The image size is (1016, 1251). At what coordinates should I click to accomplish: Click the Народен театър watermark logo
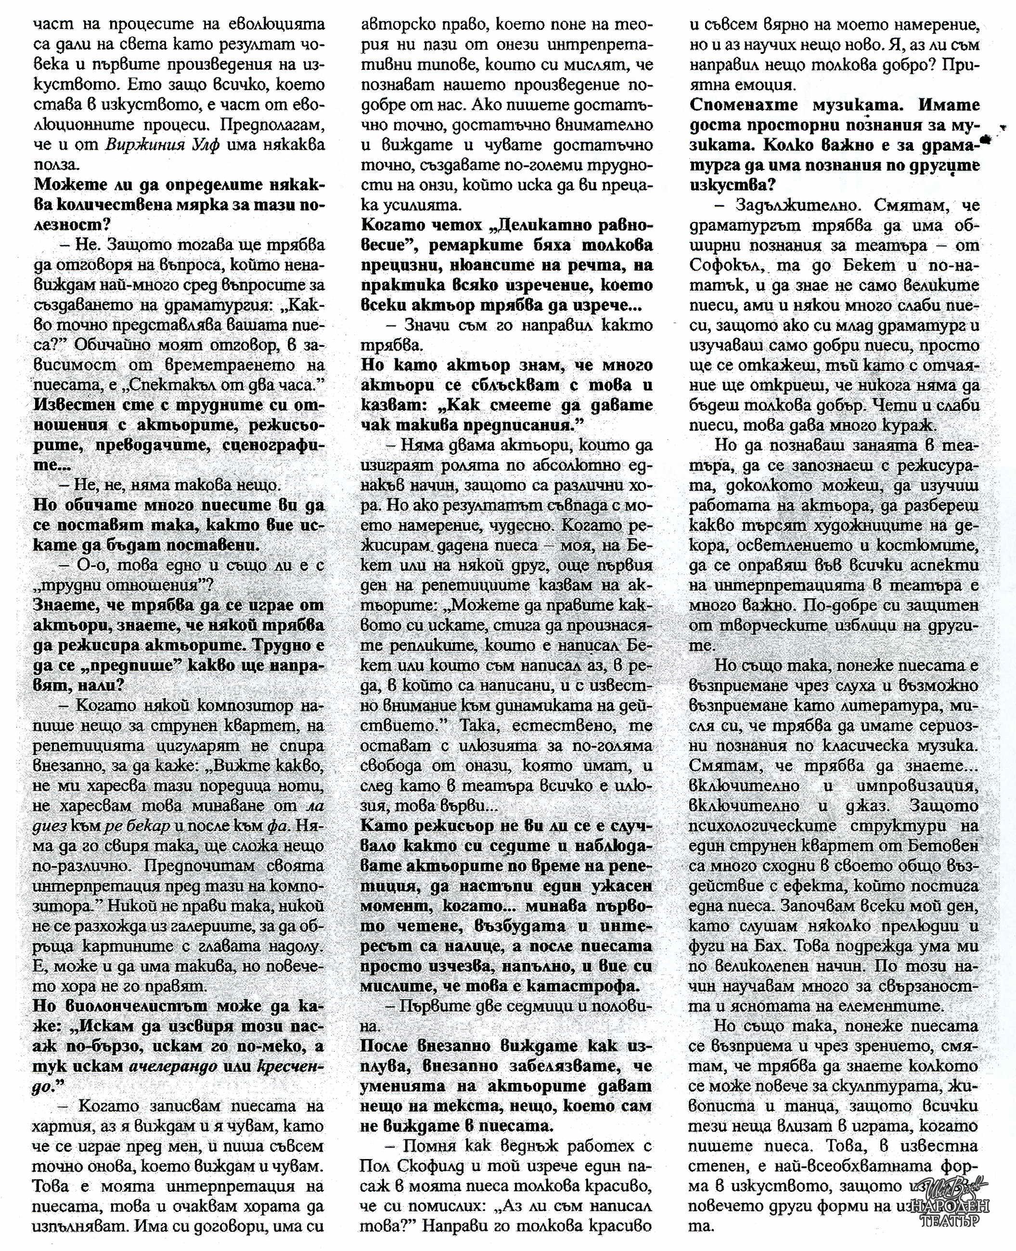tap(956, 1199)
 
